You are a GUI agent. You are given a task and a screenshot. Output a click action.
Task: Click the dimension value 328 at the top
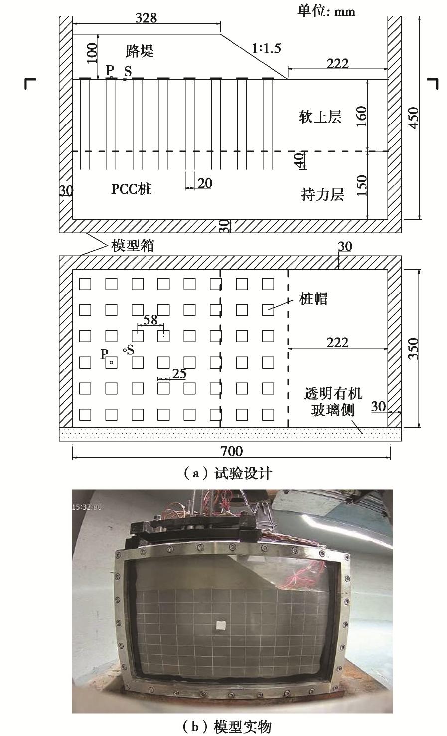tap(146, 18)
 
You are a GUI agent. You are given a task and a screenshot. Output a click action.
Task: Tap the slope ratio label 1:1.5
tap(266, 48)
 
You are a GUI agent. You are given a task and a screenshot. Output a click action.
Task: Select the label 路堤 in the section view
tap(140, 51)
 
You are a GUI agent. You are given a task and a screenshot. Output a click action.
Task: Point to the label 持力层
tap(322, 194)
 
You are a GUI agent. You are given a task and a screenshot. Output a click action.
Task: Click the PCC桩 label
tap(132, 189)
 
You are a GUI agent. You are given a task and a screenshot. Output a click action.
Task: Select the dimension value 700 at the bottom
tap(231, 451)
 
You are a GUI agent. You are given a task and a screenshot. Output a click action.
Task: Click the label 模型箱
tap(133, 246)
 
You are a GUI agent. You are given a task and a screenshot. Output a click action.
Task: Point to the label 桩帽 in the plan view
tap(313, 299)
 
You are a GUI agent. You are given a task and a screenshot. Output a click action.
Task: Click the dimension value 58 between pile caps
tap(150, 320)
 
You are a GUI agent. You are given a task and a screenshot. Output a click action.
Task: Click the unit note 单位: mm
tap(326, 11)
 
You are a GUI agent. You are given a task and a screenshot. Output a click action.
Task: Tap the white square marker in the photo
tap(221, 625)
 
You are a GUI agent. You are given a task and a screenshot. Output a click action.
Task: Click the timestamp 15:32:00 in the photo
tap(87, 507)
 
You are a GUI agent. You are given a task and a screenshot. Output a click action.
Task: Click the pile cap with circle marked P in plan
tap(111, 362)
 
